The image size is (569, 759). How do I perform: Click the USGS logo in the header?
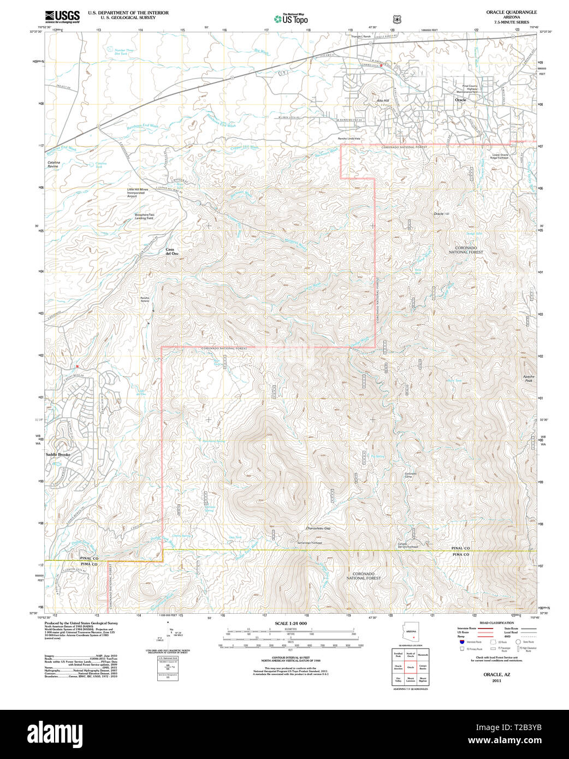pos(62,16)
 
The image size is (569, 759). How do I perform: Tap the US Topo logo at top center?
pos(291,19)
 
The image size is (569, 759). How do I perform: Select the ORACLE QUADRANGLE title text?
pos(511,12)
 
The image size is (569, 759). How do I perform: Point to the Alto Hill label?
pos(383,101)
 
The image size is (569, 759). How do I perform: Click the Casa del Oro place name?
pos(172,252)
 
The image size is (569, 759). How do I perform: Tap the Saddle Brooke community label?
pos(58,455)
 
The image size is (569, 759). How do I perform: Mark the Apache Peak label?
pos(529,378)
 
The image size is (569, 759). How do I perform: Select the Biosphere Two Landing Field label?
pos(145,216)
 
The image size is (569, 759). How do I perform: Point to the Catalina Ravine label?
pos(54,164)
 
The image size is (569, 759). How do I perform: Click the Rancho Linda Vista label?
pos(349,139)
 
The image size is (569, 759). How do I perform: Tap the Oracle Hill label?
pos(441,214)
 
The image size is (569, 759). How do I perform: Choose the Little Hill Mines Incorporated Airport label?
pos(138,193)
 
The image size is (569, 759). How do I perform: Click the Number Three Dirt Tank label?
pos(124,52)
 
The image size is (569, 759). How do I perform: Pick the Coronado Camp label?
pos(411,475)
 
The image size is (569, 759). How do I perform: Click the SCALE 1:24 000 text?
pos(291,624)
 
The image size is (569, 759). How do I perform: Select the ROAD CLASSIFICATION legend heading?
pos(496,623)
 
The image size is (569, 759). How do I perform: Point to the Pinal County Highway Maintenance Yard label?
pos(470,88)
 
